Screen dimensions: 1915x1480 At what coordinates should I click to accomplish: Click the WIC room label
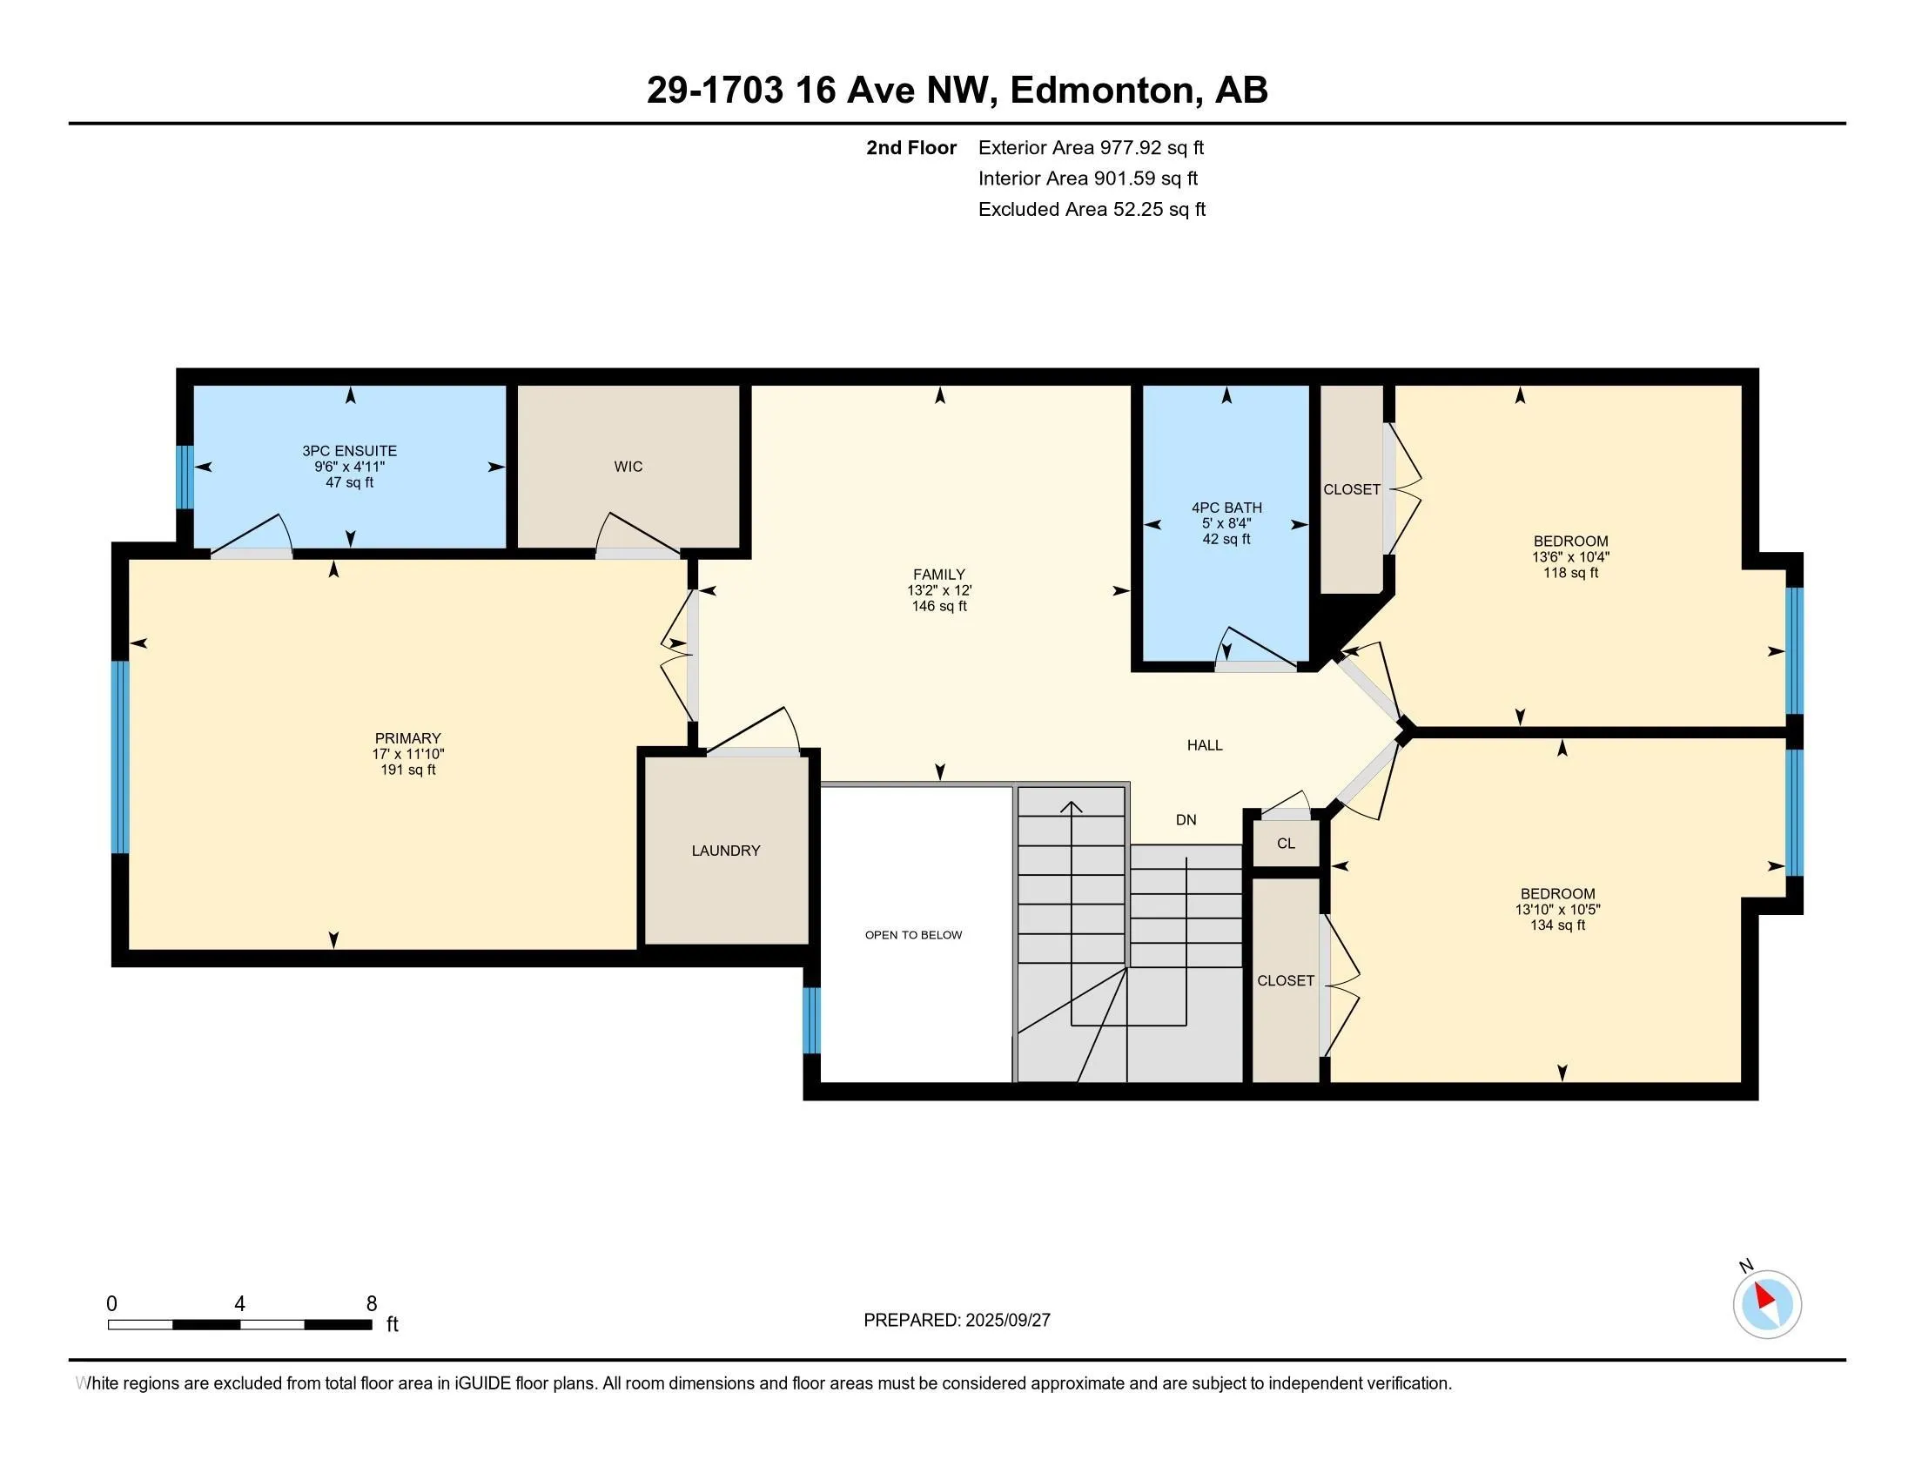[628, 467]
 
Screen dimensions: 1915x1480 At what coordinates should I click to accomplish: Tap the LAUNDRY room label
[725, 851]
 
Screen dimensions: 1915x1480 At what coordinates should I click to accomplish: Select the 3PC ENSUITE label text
[350, 451]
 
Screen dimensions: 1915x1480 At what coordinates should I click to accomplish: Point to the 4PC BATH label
[1226, 508]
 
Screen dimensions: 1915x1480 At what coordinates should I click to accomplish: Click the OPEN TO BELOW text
[914, 935]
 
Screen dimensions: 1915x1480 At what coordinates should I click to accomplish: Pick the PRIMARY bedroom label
[407, 738]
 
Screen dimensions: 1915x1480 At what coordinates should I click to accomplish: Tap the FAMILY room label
[939, 575]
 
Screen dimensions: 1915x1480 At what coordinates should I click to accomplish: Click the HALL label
[1205, 745]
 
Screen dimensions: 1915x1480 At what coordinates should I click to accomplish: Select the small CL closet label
[1286, 844]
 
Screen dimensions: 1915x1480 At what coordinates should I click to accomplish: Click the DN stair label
[1186, 820]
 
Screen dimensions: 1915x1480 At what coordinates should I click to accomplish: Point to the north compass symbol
[1767, 1304]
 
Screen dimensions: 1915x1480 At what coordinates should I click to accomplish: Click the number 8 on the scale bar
[372, 1303]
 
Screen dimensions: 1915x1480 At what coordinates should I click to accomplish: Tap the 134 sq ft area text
[1557, 925]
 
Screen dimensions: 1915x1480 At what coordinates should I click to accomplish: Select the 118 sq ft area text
[1570, 573]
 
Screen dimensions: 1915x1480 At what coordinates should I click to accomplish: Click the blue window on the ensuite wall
[185, 477]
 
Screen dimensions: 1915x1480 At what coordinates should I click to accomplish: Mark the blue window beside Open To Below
[812, 1019]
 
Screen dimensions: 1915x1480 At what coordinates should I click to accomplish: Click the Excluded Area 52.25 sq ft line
[1092, 210]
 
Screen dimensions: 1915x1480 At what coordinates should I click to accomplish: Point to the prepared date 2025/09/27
[1006, 1321]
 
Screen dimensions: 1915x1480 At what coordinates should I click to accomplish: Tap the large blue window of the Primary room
[120, 757]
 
